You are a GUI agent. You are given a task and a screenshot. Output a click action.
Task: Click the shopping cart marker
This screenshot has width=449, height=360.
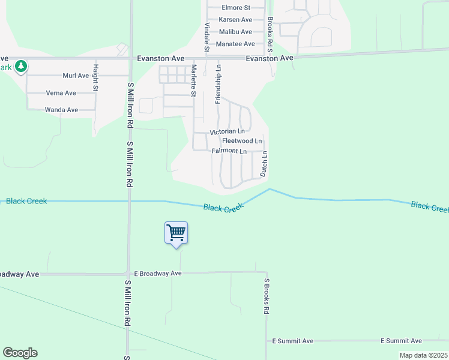(x=176, y=233)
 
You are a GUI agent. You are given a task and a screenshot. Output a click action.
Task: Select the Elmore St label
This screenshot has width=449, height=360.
(x=236, y=8)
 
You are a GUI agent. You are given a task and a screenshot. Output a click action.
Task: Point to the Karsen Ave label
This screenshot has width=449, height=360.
(x=235, y=20)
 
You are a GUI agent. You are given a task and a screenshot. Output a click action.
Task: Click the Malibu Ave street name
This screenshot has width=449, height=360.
(x=235, y=31)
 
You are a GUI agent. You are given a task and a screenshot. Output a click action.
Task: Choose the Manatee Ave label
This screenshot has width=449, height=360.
(x=235, y=44)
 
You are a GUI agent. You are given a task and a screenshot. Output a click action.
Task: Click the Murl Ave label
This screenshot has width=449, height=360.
(x=76, y=76)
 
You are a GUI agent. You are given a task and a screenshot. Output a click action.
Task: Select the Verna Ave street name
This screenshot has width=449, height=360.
(x=61, y=93)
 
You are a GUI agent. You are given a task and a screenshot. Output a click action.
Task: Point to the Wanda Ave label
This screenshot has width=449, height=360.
(x=62, y=110)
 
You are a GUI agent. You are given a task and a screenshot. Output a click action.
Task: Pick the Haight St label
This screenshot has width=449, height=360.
(x=95, y=77)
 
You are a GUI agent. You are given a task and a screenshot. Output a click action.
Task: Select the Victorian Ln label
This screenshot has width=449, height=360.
(x=227, y=131)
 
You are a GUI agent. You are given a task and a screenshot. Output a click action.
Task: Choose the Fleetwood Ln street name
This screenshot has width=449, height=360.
(x=242, y=141)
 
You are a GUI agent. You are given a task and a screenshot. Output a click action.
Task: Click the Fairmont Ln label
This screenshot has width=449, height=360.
(x=229, y=151)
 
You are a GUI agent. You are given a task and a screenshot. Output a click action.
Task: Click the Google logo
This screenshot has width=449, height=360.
(x=20, y=353)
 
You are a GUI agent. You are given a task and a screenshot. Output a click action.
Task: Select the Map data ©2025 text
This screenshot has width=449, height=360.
(x=423, y=355)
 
